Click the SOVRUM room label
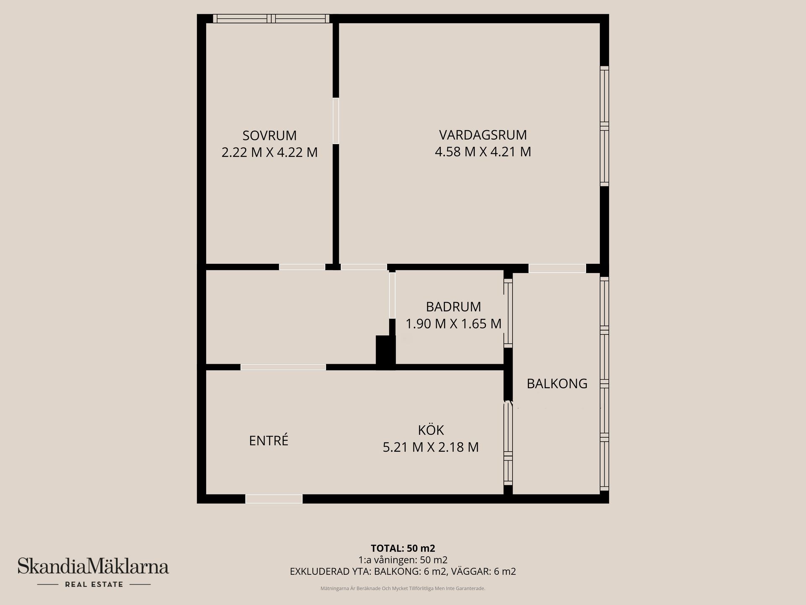coord(270,135)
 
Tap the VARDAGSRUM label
coord(483,135)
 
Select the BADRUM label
coord(453,307)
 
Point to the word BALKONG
coord(557,384)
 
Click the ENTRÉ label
coord(269,440)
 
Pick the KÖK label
coord(431,430)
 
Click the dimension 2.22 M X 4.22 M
coord(270,152)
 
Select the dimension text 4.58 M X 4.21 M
coord(483,152)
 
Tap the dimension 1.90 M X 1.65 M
coord(453,324)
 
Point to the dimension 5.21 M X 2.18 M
coord(431,447)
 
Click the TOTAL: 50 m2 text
coord(403,548)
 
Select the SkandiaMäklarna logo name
coord(93,566)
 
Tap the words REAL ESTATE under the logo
coord(94,584)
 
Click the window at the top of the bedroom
coord(271,18)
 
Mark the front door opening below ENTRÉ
coord(274,499)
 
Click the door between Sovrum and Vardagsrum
coord(336,121)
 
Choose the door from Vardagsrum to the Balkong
coord(557,268)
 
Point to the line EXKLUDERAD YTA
coord(403,571)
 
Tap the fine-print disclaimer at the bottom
coord(403,589)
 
